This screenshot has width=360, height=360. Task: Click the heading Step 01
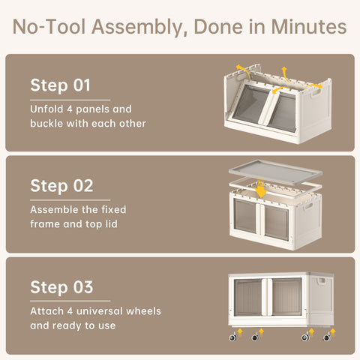(60, 85)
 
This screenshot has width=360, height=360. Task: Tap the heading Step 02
(61, 186)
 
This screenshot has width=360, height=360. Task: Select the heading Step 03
(61, 287)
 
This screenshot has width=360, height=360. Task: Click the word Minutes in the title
(309, 27)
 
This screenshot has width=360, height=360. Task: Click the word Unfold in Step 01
(46, 109)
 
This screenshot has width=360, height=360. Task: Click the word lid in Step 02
(111, 224)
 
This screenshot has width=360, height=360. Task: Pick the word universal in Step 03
(100, 311)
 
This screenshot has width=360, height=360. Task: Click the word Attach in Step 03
(46, 311)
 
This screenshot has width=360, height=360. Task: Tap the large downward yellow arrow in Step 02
(261, 188)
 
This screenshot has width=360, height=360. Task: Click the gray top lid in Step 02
(275, 172)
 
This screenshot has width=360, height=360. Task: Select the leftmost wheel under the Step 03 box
(232, 337)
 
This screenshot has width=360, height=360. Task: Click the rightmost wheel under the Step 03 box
(326, 337)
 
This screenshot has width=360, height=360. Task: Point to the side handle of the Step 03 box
(322, 281)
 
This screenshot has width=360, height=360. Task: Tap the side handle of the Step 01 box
(316, 94)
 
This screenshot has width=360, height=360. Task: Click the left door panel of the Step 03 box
(247, 298)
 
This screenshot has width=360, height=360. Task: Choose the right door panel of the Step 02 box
(276, 223)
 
